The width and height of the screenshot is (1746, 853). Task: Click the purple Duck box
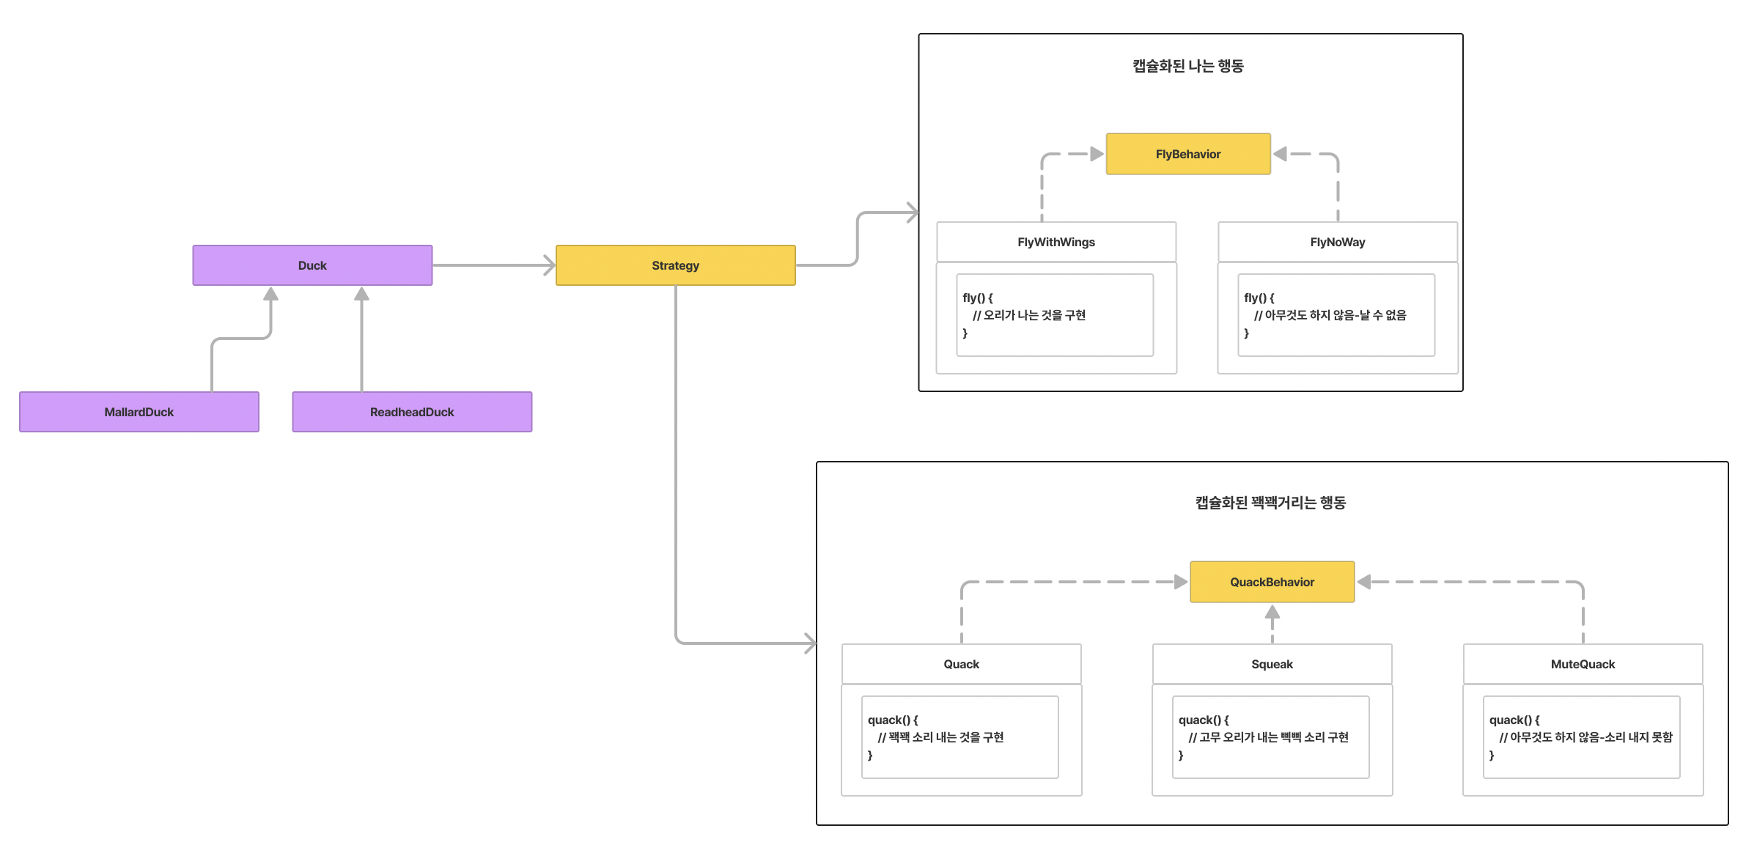(x=312, y=265)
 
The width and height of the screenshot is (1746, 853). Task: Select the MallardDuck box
(x=139, y=412)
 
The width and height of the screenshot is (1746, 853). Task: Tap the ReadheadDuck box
(x=412, y=412)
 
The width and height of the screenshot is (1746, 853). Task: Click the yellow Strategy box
(x=675, y=265)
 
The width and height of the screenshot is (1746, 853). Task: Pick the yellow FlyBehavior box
(x=1187, y=154)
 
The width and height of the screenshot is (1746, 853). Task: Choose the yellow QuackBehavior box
(x=1272, y=582)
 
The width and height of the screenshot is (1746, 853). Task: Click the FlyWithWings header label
(x=1056, y=242)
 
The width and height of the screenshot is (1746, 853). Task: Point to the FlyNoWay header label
(x=1337, y=242)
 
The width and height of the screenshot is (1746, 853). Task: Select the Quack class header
(x=961, y=664)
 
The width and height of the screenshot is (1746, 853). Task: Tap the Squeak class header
(x=1272, y=664)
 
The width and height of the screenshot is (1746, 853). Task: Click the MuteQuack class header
(x=1583, y=664)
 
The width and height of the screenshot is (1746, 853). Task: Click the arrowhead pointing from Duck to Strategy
(x=549, y=265)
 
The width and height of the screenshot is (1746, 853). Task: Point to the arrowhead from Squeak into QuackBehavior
(x=1272, y=613)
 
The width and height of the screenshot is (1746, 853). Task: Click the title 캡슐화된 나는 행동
(x=1187, y=66)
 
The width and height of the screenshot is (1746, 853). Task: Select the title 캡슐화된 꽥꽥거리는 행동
(x=1270, y=503)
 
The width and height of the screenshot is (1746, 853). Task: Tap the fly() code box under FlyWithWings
(x=1054, y=315)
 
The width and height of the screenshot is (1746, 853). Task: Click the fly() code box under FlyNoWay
(x=1336, y=315)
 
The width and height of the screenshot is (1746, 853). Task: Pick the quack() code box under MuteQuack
(x=1581, y=737)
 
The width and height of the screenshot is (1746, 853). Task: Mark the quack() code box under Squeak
(x=1270, y=737)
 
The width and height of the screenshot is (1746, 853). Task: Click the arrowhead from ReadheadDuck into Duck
(x=361, y=295)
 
